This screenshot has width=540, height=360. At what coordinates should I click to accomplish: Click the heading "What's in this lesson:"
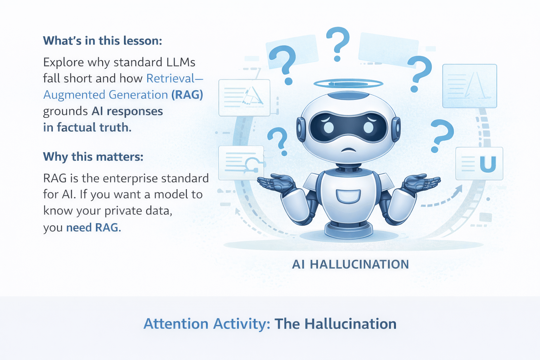(x=102, y=41)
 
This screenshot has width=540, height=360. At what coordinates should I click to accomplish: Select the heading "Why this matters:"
(x=93, y=156)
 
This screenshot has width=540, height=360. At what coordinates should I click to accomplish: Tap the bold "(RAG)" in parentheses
(x=187, y=95)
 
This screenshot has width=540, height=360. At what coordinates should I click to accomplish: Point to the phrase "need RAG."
(x=94, y=227)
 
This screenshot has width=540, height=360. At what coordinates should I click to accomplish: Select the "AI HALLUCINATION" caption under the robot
(x=350, y=264)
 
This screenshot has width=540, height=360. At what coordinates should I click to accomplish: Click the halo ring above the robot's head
(x=348, y=83)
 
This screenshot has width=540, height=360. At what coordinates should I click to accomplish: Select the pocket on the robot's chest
(x=348, y=196)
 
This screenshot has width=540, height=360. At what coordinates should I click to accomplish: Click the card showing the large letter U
(x=479, y=164)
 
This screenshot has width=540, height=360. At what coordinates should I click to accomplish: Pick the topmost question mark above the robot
(x=337, y=43)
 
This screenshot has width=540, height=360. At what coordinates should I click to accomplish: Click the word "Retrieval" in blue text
(x=171, y=78)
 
